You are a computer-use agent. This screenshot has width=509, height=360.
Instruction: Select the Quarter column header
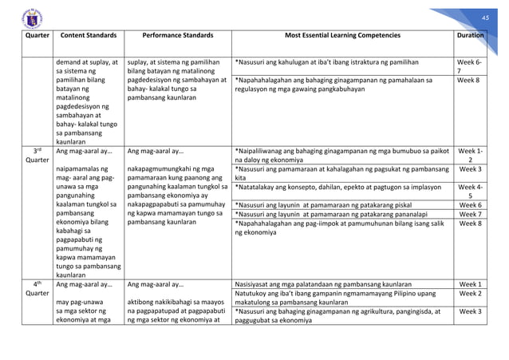(32, 36)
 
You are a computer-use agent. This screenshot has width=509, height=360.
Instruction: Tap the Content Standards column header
(89, 36)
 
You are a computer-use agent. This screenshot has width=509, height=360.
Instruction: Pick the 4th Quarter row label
(32, 287)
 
